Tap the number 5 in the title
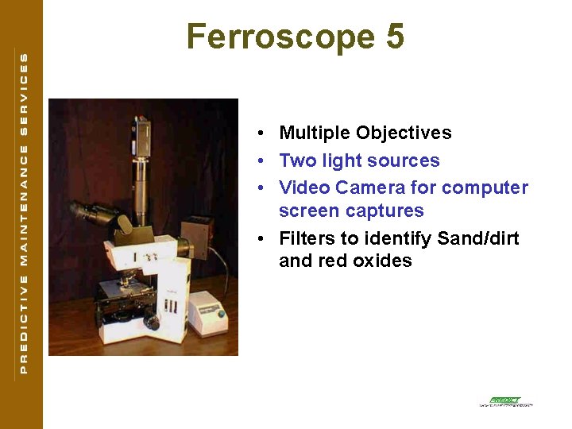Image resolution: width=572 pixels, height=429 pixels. (393, 37)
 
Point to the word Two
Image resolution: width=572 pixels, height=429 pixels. (298, 160)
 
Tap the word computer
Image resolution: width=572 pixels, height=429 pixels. (485, 187)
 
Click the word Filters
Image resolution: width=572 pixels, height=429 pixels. (308, 238)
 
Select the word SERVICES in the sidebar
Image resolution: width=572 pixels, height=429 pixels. (23, 93)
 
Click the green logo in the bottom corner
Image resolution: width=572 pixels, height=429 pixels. (505, 401)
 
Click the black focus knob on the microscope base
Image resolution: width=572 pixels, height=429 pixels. (152, 323)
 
